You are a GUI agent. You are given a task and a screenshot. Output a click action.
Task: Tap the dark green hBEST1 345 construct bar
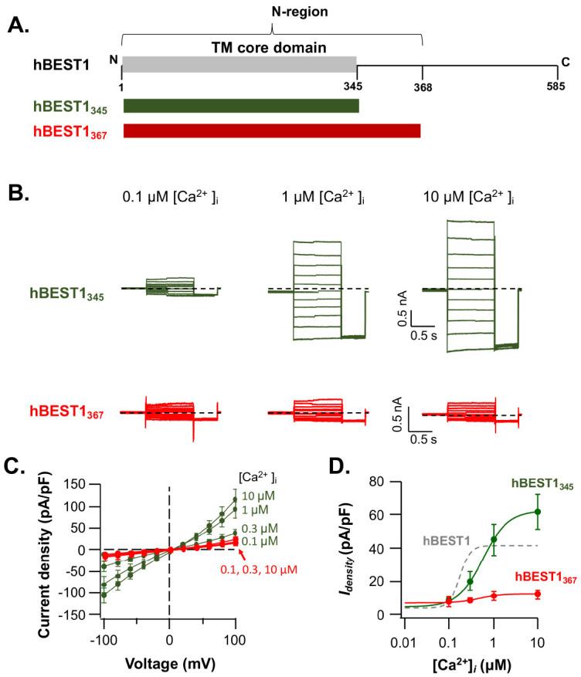coord(241,106)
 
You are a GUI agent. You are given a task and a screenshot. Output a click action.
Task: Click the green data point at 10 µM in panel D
coord(538,511)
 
